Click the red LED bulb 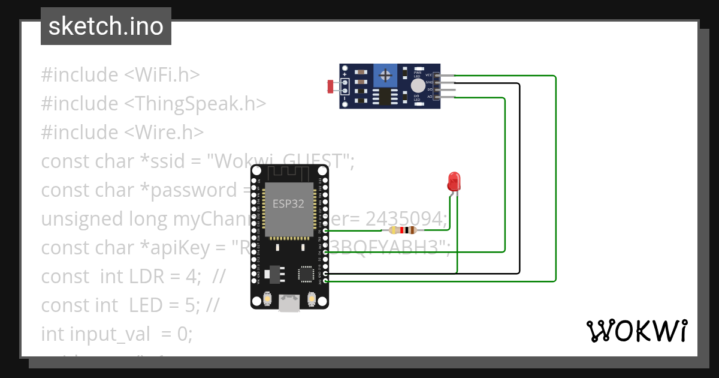[x=454, y=180]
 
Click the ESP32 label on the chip [x=288, y=203]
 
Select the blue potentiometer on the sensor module [x=386, y=76]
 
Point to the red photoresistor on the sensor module [x=330, y=86]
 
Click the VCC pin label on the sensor [x=429, y=75]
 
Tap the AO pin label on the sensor [x=430, y=96]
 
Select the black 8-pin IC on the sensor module [x=382, y=97]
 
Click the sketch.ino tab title [x=106, y=26]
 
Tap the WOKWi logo [x=636, y=331]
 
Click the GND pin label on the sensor [x=429, y=82]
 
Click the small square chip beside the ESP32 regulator [x=306, y=274]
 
